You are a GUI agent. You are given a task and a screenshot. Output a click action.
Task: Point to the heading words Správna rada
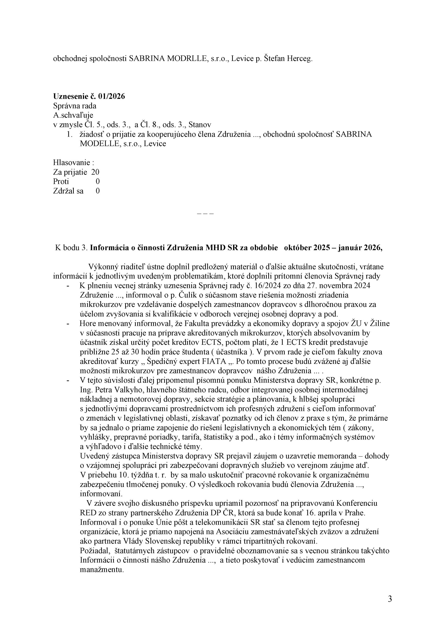tap(74, 106)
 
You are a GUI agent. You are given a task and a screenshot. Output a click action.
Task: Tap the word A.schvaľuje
tap(73, 115)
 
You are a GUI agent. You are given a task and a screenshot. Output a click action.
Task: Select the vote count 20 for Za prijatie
tap(95, 172)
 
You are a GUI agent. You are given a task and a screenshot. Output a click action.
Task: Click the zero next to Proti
tap(98, 181)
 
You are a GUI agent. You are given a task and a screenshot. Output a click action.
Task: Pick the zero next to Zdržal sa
tap(98, 191)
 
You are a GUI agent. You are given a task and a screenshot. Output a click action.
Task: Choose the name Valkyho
tap(124, 390)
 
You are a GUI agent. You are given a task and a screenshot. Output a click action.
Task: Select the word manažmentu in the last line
tap(101, 569)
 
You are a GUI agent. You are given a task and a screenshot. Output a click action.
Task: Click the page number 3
tap(390, 599)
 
